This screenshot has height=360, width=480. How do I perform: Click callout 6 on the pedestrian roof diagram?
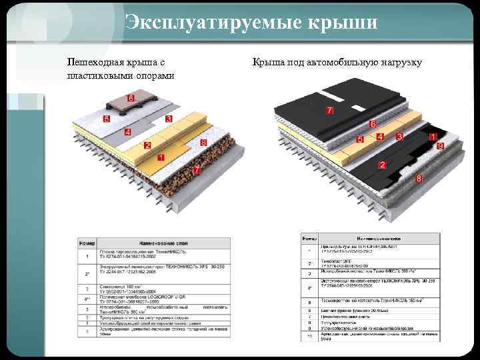click(131, 99)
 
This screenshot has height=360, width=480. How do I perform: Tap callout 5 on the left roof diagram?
click(107, 119)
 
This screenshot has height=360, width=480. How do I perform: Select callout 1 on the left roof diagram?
click(161, 158)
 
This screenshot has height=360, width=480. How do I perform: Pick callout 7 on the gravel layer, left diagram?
click(197, 171)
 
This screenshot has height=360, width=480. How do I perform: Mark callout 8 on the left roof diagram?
click(203, 143)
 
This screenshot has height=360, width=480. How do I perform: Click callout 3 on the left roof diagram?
click(169, 119)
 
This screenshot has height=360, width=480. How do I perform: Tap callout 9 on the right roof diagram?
click(440, 145)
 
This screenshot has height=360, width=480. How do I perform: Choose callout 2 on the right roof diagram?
click(382, 165)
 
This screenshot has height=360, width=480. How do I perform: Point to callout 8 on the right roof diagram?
click(418, 179)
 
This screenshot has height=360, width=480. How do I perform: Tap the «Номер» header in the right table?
click(310, 237)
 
